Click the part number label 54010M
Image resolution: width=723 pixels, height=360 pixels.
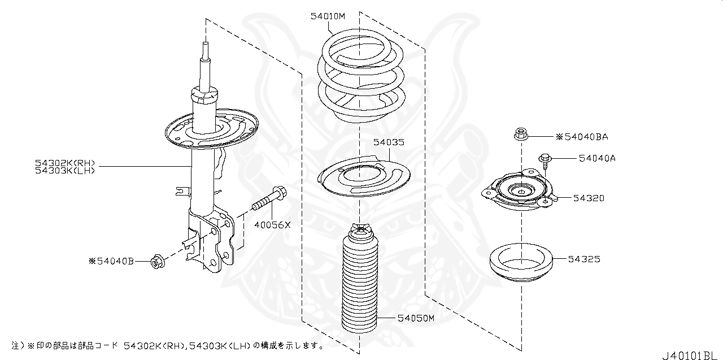click(x=327, y=16)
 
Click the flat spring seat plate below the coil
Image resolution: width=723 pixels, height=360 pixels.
click(x=362, y=176)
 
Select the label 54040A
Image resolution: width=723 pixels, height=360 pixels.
click(x=596, y=158)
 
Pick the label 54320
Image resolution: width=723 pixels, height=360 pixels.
click(x=589, y=198)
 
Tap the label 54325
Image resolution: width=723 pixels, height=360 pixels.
click(x=584, y=259)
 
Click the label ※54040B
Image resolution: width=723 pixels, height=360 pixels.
click(x=111, y=261)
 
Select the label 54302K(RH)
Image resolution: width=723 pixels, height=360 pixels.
click(x=65, y=162)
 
